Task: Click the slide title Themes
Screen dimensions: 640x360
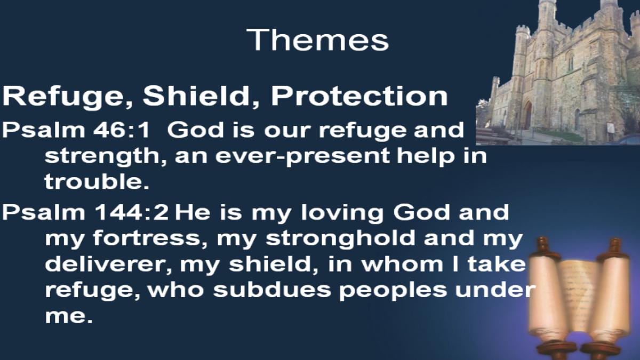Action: tap(317, 40)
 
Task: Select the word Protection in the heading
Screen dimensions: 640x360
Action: tap(359, 96)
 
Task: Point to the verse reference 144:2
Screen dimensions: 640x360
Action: tap(131, 212)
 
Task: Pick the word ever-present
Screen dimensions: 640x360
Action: tap(282, 157)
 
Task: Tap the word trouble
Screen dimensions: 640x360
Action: tap(97, 181)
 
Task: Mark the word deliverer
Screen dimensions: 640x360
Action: tap(108, 265)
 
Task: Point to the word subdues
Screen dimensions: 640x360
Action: tap(271, 290)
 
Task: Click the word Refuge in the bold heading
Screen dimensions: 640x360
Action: tap(67, 97)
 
